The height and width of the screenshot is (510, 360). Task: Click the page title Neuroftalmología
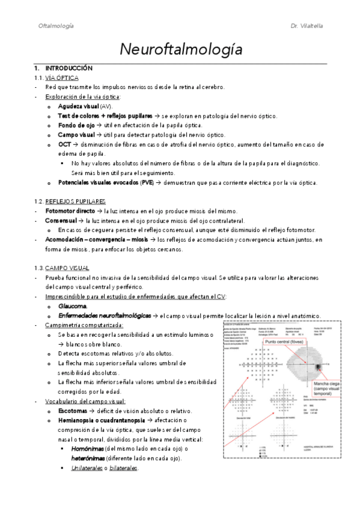pos(180,50)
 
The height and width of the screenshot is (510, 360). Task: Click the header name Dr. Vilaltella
pos(307,26)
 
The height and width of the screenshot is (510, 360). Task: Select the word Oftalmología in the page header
pos(56,26)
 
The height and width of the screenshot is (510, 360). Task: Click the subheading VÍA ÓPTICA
pos(63,78)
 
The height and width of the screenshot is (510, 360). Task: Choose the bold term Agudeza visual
pos(79,106)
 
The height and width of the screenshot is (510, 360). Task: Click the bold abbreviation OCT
pos(65,144)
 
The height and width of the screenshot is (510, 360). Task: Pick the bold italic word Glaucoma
pos(73,306)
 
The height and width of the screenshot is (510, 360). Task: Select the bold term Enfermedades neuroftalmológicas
pos(105,316)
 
